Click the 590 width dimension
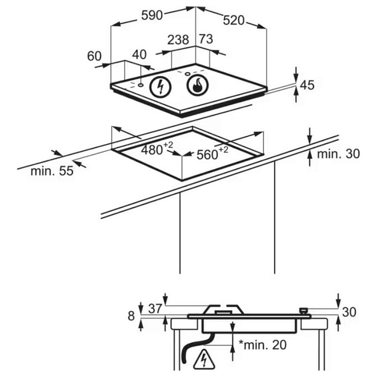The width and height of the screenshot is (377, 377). tap(152, 15)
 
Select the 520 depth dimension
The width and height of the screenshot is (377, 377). tap(233, 20)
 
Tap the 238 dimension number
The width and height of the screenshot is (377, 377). tap(178, 40)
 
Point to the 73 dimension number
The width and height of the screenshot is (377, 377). tap(206, 39)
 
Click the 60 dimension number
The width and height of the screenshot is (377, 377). tap(94, 56)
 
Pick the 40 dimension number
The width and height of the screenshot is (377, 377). tap(139, 54)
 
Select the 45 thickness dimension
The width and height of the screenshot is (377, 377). tap(307, 85)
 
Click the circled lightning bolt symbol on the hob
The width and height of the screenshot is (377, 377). tap(160, 86)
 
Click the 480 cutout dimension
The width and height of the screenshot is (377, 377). tap(157, 149)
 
